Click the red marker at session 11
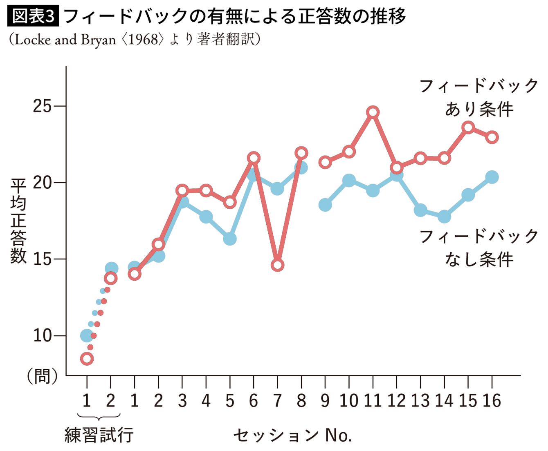373,112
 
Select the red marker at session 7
277,265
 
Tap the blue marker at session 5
229,239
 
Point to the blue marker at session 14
444,217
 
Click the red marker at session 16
492,137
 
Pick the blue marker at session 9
325,205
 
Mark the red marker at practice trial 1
87,359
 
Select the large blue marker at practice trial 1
86,335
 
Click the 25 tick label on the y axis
42,106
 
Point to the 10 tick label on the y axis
42,336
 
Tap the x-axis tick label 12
396,401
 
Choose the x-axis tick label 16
492,401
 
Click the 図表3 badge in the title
34,17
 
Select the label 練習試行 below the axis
99,435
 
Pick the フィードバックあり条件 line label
479,98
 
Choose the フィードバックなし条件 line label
479,248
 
